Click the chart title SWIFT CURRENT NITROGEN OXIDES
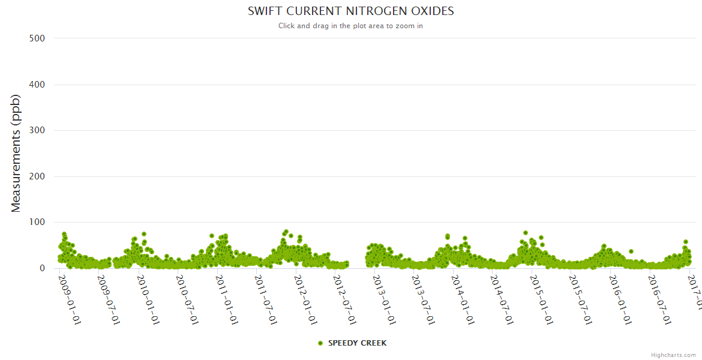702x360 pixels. pyautogui.click(x=350, y=11)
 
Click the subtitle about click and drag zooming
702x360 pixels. pyautogui.click(x=350, y=26)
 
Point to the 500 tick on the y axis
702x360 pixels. pyautogui.click(x=37, y=38)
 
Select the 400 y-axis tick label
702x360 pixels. pyautogui.click(x=37, y=85)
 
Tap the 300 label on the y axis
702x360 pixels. pyautogui.click(x=37, y=130)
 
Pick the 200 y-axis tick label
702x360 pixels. pyautogui.click(x=37, y=176)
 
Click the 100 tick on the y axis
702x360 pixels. pyautogui.click(x=37, y=222)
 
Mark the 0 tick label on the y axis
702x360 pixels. pyautogui.click(x=41, y=268)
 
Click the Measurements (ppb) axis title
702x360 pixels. pyautogui.click(x=16, y=154)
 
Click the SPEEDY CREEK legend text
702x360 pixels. pyautogui.click(x=357, y=343)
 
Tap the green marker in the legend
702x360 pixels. pyautogui.click(x=320, y=343)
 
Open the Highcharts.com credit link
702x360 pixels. pyautogui.click(x=673, y=355)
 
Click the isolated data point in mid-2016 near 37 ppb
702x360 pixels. pyautogui.click(x=631, y=251)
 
